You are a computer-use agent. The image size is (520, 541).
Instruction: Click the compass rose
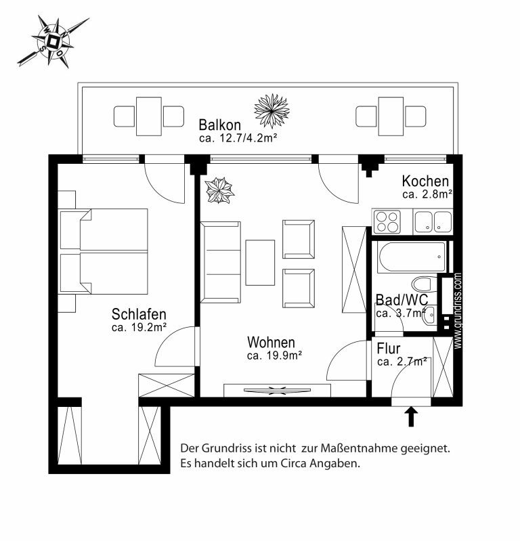[53, 41]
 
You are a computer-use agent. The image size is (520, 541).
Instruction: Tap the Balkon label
[220, 125]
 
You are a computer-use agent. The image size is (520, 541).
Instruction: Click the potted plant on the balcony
[272, 111]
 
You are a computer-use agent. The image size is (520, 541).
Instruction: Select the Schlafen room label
[139, 314]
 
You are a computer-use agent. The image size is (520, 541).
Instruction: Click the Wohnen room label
[272, 342]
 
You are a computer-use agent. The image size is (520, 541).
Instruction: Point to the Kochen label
[425, 181]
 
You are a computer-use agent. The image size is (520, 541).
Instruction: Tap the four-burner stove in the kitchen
[387, 221]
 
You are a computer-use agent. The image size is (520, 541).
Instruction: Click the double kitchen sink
[433, 221]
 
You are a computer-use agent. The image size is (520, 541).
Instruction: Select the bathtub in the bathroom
[412, 257]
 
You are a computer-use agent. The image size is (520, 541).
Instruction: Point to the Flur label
[389, 349]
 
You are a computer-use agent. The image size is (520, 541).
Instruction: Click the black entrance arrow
[411, 416]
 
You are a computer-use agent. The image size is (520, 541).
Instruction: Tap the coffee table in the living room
[260, 263]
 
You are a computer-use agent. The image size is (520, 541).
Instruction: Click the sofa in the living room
[221, 262]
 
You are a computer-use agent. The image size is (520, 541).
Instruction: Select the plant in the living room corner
[219, 190]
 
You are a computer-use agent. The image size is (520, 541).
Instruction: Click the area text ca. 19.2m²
[139, 327]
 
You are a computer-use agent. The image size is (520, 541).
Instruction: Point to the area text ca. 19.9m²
[275, 355]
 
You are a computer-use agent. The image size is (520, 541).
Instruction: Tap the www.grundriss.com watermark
[458, 311]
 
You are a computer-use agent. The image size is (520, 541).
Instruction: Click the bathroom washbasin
[431, 314]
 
